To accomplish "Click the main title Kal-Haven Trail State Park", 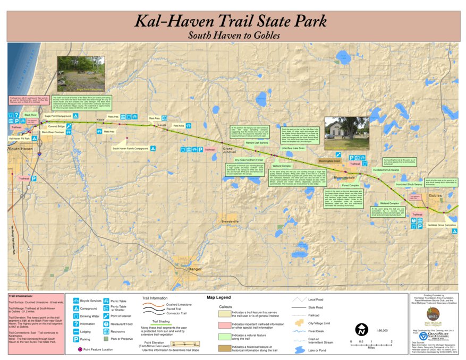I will click(x=230, y=21).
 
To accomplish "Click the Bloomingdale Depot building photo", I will click(x=346, y=133).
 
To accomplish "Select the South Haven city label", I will click(x=20, y=149).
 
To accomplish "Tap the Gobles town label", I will click(x=435, y=195).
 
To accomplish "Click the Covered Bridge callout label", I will click(x=56, y=126).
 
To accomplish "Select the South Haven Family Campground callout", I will click(x=130, y=149).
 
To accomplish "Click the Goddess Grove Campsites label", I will click(x=442, y=225).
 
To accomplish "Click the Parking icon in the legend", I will click(x=77, y=338).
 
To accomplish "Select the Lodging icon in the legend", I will click(x=77, y=331).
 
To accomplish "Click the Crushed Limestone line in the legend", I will click(x=153, y=305).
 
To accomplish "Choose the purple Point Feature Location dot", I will click(x=80, y=349).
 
